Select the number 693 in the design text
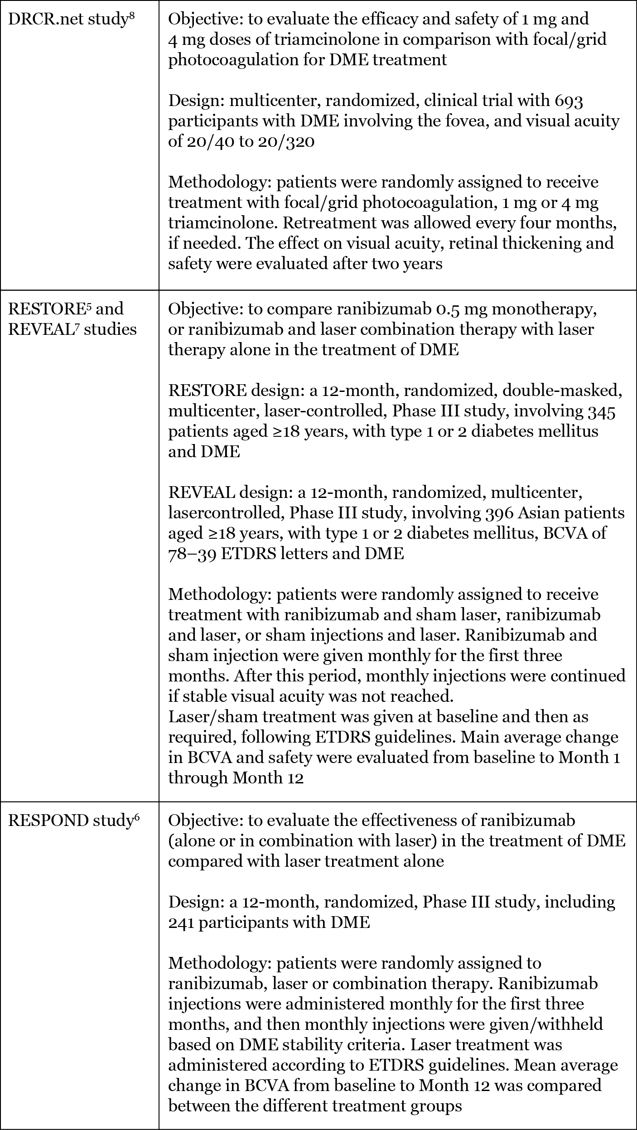click(569, 101)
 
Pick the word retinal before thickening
click(520, 243)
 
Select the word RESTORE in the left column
click(43, 309)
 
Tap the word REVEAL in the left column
click(40, 329)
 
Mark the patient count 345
click(600, 411)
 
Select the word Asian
click(541, 513)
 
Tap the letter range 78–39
click(192, 554)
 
